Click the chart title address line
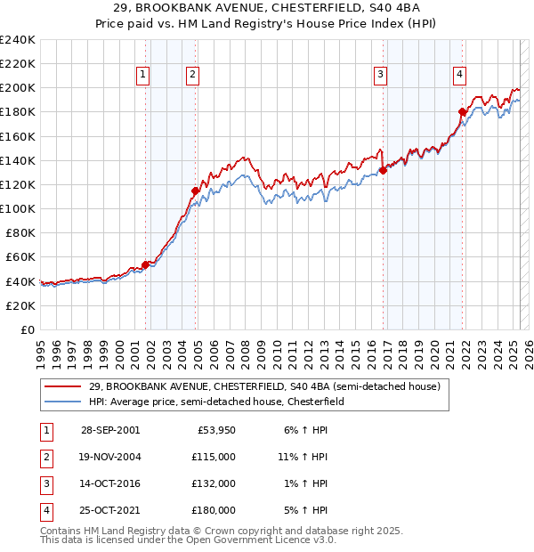pos(267,9)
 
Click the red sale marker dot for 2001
pos(145,264)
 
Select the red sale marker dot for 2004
pos(195,191)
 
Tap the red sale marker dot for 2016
pos(383,170)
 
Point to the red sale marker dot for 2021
pos(462,112)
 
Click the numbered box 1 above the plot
pos(142,76)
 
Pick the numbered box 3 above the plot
pos(380,76)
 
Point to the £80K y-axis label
pos(20,232)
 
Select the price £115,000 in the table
pos(214,457)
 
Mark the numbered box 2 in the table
pos(45,457)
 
